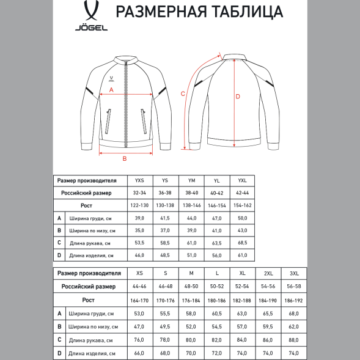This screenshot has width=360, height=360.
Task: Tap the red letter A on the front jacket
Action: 111,89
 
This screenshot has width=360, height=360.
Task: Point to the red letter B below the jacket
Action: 124,159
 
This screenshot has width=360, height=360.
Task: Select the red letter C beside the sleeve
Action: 183,94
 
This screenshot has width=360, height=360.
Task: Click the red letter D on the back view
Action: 238,96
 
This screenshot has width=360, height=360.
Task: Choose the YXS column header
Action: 139,180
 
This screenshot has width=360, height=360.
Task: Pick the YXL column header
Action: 242,180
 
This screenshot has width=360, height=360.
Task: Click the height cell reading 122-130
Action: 139,205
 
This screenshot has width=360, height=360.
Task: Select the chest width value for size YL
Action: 216,218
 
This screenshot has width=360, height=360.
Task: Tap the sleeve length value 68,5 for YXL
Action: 242,243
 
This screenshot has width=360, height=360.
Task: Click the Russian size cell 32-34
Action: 139,192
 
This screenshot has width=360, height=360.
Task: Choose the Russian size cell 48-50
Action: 191,286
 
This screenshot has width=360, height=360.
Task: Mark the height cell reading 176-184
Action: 191,300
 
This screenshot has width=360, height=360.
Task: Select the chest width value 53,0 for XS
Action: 139,314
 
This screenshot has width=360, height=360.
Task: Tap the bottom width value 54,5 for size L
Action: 216,326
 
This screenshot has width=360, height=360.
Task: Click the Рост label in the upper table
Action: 87,205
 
